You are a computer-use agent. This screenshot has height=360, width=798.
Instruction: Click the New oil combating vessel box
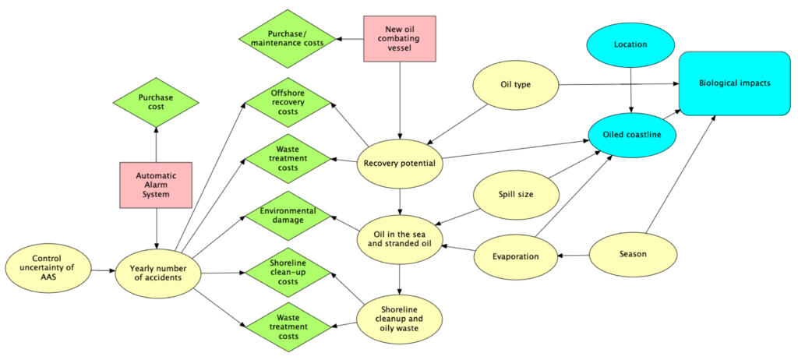click(x=400, y=38)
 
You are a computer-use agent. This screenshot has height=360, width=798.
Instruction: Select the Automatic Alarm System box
click(x=157, y=185)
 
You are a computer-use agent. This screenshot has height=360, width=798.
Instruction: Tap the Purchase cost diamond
click(x=156, y=102)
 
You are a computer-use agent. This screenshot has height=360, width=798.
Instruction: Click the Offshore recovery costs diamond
click(x=288, y=102)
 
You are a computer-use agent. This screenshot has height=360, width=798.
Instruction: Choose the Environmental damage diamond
click(x=288, y=216)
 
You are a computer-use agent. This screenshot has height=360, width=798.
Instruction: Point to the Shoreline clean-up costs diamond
click(x=288, y=273)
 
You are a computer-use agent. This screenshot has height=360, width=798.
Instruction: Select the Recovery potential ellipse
click(x=400, y=164)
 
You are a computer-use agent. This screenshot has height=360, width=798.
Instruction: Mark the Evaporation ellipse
click(x=515, y=256)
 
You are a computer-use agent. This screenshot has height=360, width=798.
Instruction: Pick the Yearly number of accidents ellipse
click(x=157, y=273)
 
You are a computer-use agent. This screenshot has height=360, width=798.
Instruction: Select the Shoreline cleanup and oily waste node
click(x=400, y=319)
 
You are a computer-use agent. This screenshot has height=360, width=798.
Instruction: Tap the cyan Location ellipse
click(x=630, y=44)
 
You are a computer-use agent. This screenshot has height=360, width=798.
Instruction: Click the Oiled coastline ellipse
click(x=630, y=134)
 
